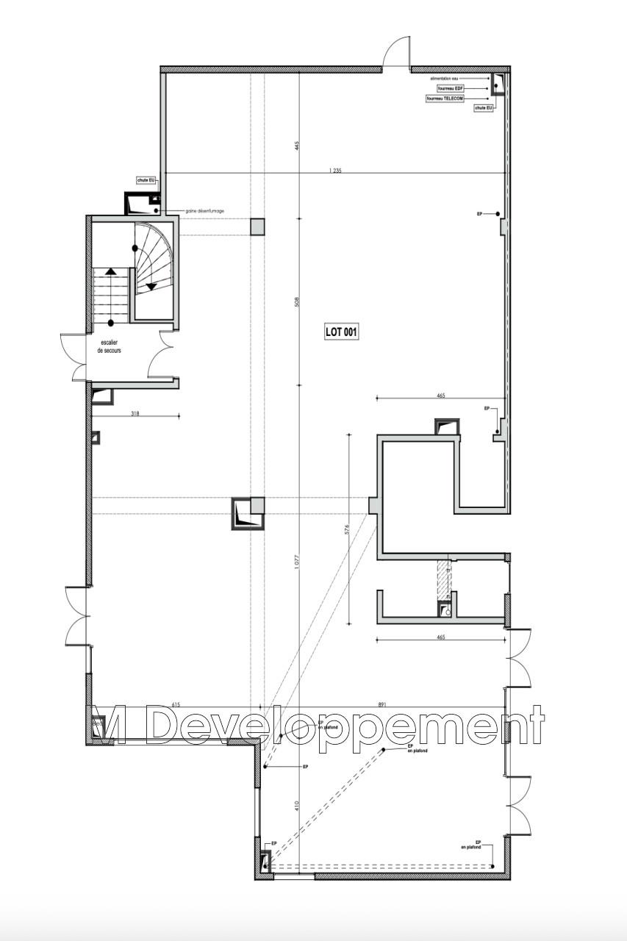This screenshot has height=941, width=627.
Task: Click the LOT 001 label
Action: click(x=341, y=332)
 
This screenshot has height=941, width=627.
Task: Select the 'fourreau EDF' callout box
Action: click(x=451, y=88)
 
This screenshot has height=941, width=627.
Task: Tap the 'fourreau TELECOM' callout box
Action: click(x=445, y=98)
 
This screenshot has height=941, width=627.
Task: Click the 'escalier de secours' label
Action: click(x=109, y=347)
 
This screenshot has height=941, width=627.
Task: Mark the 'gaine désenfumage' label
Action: click(x=205, y=211)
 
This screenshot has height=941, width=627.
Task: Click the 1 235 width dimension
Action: click(x=335, y=170)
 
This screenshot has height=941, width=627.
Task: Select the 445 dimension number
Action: click(x=297, y=146)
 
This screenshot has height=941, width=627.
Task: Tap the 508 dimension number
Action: click(x=297, y=301)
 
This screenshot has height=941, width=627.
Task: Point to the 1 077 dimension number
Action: click(x=297, y=562)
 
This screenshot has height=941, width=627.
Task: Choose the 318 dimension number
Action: click(x=135, y=414)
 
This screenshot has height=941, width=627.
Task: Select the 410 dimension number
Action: click(x=297, y=805)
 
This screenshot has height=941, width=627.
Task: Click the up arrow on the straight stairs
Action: click(x=110, y=271)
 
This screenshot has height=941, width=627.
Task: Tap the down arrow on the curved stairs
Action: click(x=151, y=286)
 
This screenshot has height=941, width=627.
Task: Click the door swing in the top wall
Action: click(x=396, y=53)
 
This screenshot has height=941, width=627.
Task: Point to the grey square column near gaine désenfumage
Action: click(x=257, y=226)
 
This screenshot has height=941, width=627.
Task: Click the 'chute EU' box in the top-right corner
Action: click(x=484, y=108)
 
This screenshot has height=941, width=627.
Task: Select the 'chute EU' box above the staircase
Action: click(x=146, y=179)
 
